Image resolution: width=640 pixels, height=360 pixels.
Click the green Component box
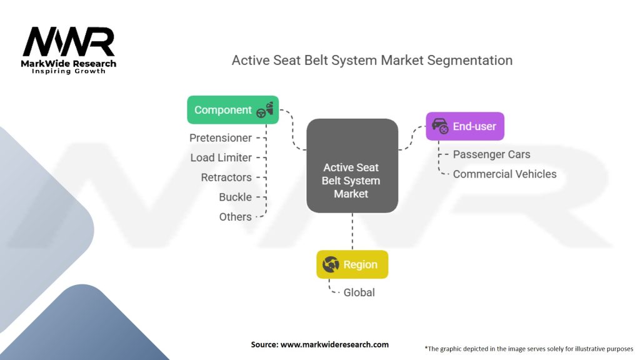(x=232, y=110)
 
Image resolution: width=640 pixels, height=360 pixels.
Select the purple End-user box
(x=464, y=126)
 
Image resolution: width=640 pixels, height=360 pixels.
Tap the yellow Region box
(x=352, y=264)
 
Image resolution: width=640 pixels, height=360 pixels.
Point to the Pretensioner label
(x=221, y=137)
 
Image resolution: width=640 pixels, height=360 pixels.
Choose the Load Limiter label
(x=221, y=157)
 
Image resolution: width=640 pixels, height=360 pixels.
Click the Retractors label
(x=226, y=177)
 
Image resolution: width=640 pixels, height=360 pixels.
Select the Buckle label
(x=235, y=197)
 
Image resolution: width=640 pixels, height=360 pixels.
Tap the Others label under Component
(x=235, y=217)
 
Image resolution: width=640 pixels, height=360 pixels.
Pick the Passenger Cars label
(x=491, y=154)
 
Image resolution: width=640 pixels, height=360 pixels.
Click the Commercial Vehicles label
(x=504, y=174)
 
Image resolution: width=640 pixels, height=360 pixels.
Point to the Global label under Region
(x=359, y=292)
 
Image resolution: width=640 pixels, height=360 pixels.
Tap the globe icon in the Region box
(x=331, y=264)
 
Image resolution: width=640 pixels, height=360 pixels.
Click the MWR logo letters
(x=69, y=42)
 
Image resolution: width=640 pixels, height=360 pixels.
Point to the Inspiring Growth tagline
(x=69, y=71)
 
